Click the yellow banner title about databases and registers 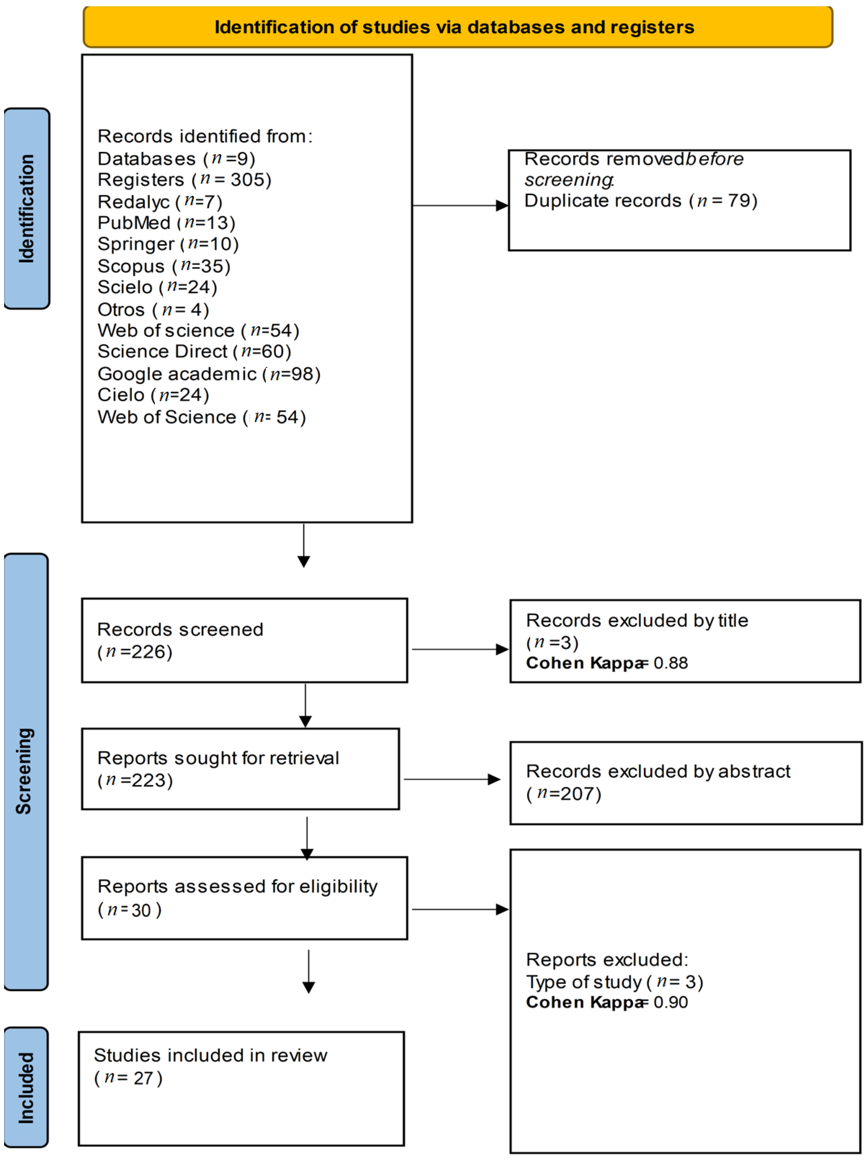(x=454, y=27)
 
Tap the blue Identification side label (x=26, y=208)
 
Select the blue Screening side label (x=25, y=771)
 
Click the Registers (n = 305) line (x=184, y=180)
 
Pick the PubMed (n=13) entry (x=167, y=223)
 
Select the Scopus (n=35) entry (x=164, y=267)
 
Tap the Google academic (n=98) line (x=209, y=374)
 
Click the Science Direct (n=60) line (x=194, y=352)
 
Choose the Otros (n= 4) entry (x=153, y=309)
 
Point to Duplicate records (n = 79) (x=641, y=201)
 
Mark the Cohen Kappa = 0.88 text (x=607, y=663)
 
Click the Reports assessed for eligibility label (x=237, y=887)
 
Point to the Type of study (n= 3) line (x=615, y=982)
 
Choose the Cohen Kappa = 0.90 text (x=607, y=1003)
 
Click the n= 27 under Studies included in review (x=128, y=1078)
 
